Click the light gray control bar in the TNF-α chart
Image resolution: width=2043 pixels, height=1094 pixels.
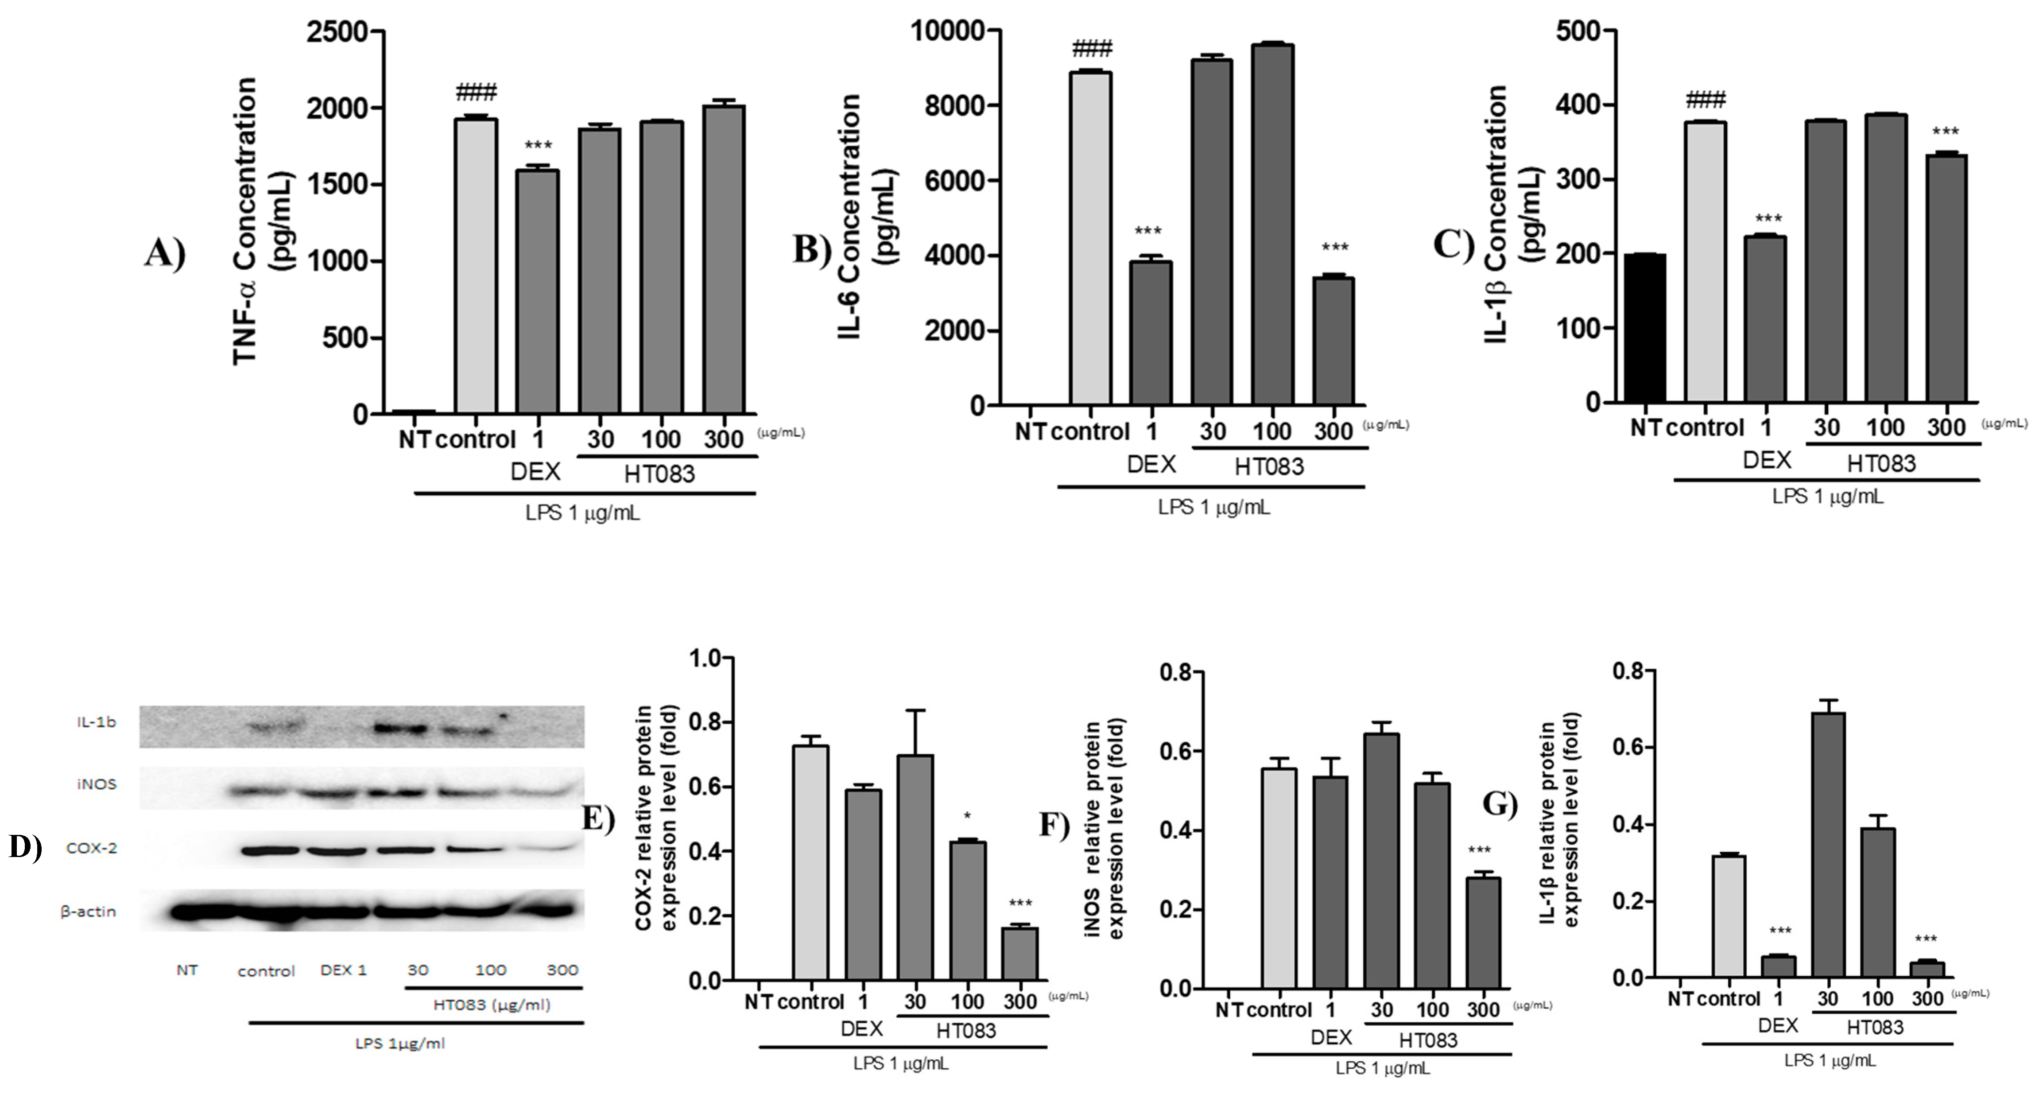point(475,266)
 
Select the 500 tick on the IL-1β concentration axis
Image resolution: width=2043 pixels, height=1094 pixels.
point(1577,32)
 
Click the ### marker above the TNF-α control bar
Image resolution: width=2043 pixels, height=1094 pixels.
point(476,92)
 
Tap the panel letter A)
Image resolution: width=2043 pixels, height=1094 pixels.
point(164,254)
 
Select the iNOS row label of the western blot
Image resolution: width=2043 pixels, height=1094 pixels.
point(97,784)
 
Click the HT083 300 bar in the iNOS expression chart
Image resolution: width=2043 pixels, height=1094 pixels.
point(1482,932)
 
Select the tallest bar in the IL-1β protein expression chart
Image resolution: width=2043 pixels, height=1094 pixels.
point(1827,845)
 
